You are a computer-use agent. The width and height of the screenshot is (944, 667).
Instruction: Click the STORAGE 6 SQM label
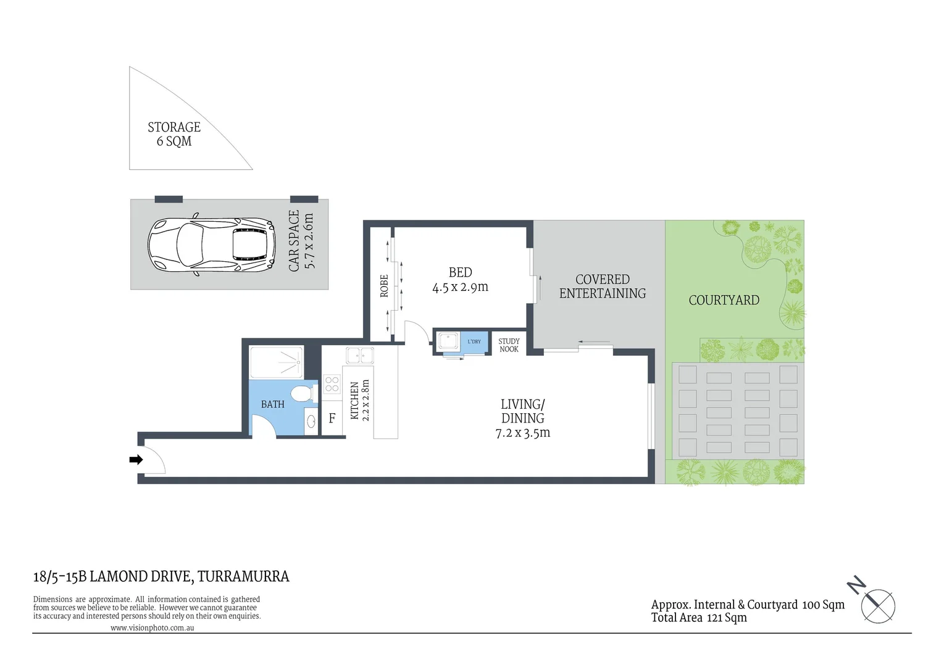pyautogui.click(x=174, y=134)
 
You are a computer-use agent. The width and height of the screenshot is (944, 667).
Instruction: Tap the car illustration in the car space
pyautogui.click(x=212, y=245)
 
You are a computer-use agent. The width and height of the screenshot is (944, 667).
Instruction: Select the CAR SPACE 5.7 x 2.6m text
pyautogui.click(x=302, y=240)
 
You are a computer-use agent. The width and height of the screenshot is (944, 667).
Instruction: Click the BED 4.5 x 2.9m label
pyautogui.click(x=460, y=280)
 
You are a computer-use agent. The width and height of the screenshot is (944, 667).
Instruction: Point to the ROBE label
pyautogui.click(x=384, y=286)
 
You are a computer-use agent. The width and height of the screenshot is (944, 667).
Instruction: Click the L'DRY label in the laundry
pyautogui.click(x=474, y=342)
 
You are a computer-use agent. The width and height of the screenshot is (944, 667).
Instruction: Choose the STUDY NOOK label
pyautogui.click(x=509, y=345)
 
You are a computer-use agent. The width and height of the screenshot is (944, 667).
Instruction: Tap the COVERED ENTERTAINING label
pyautogui.click(x=602, y=287)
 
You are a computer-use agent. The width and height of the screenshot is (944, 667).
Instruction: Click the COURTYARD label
pyautogui.click(x=724, y=300)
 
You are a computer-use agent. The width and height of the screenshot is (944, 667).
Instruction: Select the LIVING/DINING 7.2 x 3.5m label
pyautogui.click(x=522, y=418)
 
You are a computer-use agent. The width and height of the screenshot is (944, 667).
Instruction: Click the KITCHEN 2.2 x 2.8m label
pyautogui.click(x=359, y=400)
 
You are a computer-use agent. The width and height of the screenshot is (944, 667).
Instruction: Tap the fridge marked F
pyautogui.click(x=332, y=419)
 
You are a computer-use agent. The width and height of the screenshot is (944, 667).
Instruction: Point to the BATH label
pyautogui.click(x=272, y=405)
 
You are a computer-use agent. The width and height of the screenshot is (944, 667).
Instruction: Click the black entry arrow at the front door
pyautogui.click(x=136, y=459)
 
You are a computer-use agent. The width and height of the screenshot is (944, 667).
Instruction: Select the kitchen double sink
pyautogui.click(x=360, y=356)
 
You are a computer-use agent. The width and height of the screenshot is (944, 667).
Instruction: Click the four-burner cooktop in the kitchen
pyautogui.click(x=332, y=384)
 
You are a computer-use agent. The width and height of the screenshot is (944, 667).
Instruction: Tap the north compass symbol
pyautogui.click(x=874, y=600)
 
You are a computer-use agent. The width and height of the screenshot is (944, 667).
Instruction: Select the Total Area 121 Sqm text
pyautogui.click(x=698, y=618)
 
